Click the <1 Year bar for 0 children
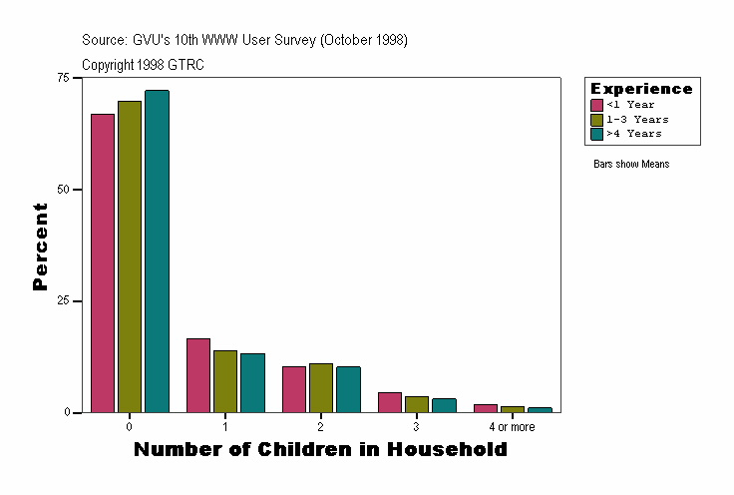[x=103, y=263]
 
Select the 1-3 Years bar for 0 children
[x=130, y=256]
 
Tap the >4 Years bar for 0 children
[x=157, y=251]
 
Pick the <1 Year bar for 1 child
[x=198, y=375]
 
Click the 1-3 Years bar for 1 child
[x=225, y=381]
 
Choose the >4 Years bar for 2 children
[x=348, y=389]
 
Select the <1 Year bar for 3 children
[x=390, y=402]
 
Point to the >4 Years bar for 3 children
[x=444, y=405]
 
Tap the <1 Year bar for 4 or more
[x=486, y=408]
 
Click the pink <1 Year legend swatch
[x=596, y=105]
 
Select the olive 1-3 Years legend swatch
[x=596, y=119]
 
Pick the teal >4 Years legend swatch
[x=596, y=133]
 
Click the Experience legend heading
[x=641, y=89]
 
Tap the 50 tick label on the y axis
[x=63, y=190]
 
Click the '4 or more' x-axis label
[x=512, y=427]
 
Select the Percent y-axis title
[x=40, y=247]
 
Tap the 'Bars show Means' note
[x=630, y=165]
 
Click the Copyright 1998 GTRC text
[x=143, y=65]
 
